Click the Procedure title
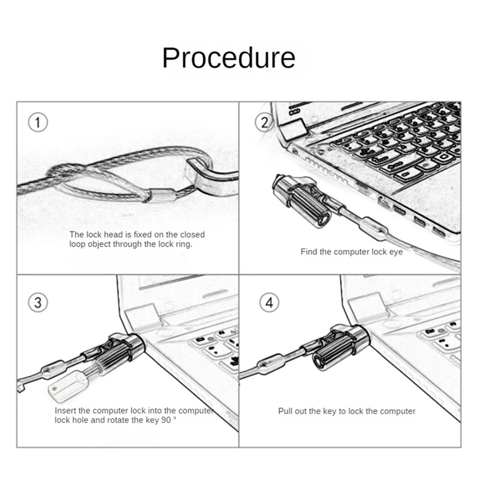point(228,57)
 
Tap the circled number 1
point(38,123)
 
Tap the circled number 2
point(264,123)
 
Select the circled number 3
point(38,302)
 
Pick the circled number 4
point(270,302)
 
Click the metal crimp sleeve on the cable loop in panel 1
point(161,196)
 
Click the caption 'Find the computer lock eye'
point(351,251)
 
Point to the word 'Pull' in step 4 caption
point(286,412)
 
